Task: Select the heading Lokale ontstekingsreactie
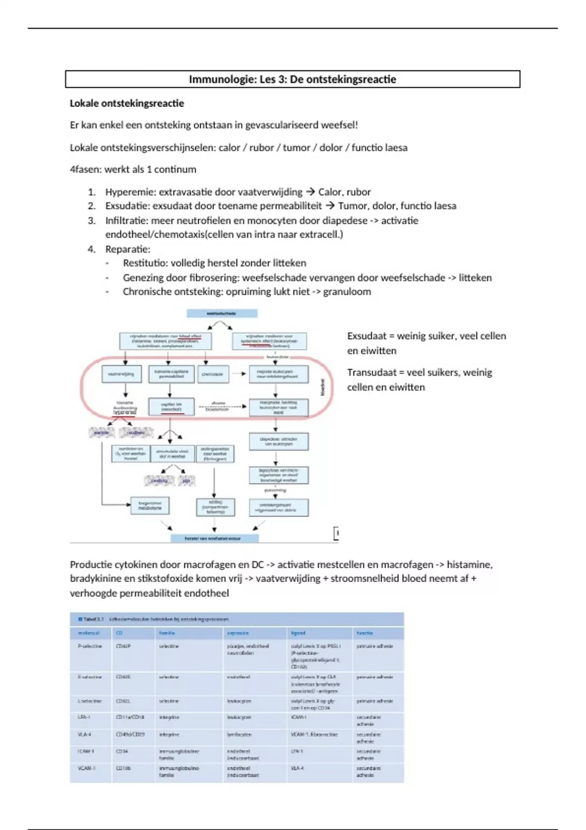(127, 104)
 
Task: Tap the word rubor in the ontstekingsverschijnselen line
(261, 148)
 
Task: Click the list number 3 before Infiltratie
(92, 221)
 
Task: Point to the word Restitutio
(145, 263)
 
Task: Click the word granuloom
(347, 292)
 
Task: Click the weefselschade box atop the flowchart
(222, 313)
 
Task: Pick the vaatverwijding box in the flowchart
(121, 374)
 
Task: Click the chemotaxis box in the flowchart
(212, 374)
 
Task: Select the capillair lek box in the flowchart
(171, 407)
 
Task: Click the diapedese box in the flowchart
(278, 441)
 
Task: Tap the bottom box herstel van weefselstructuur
(214, 538)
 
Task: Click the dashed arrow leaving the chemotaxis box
(239, 373)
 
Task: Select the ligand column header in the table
(298, 633)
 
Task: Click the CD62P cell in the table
(123, 646)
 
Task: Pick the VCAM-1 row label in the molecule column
(87, 768)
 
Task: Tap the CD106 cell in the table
(123, 768)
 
